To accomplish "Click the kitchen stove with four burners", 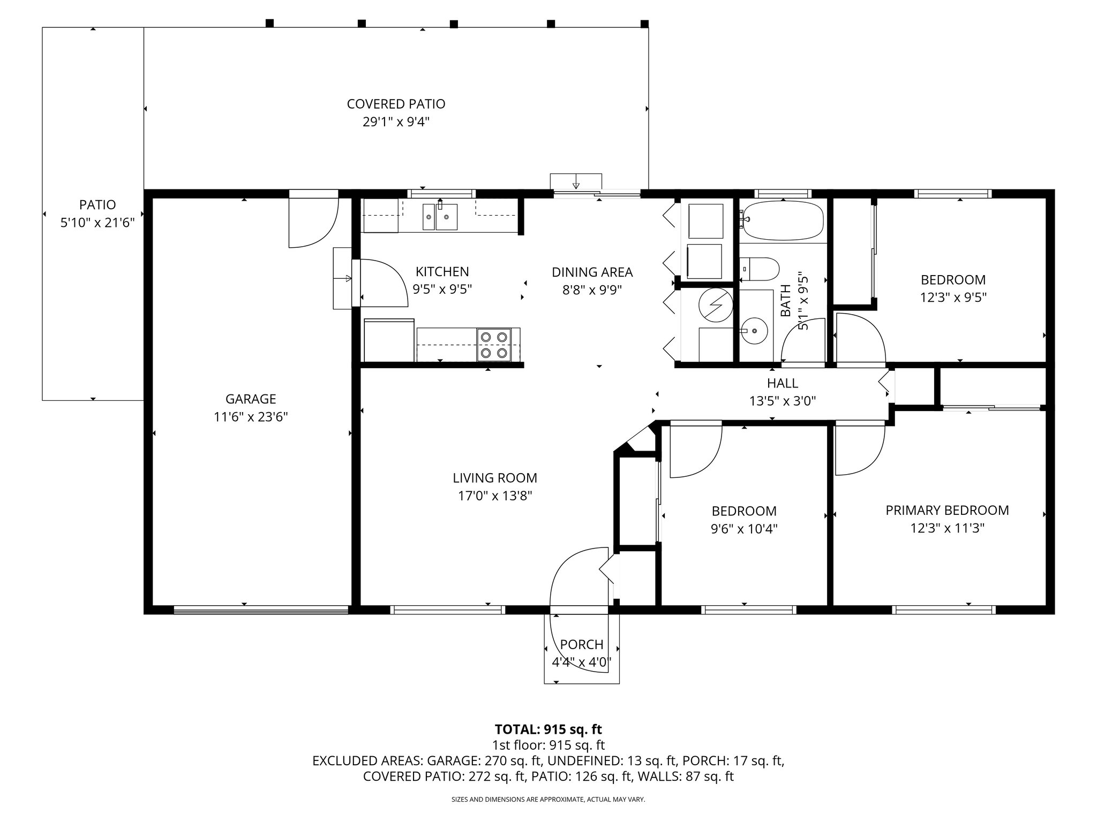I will coord(494,345).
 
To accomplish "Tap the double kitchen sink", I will coord(440,217).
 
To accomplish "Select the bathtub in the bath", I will coord(783,220).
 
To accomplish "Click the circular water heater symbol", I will coord(715,305).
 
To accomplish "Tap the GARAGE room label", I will coord(251,399).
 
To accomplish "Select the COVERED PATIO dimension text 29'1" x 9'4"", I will coord(396,122).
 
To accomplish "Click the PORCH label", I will coord(582,644).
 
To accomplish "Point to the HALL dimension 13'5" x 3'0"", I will coord(783,401).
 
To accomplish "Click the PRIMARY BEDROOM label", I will coord(947,510).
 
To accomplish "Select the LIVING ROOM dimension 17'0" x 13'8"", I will coord(494,496).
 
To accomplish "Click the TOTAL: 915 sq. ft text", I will coord(548,729).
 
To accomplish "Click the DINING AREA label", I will coord(592,272).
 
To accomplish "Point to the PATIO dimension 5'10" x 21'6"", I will coord(97,223).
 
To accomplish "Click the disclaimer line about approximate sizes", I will coord(548,800).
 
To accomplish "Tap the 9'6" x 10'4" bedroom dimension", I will coord(744,529).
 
